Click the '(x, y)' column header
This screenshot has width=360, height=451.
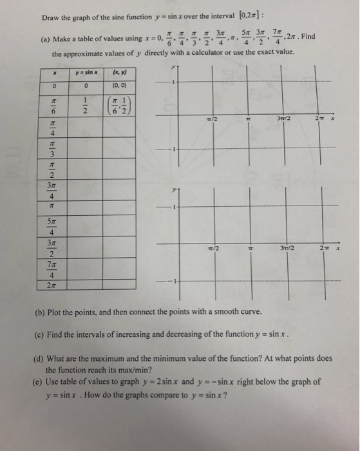tap(120, 73)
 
